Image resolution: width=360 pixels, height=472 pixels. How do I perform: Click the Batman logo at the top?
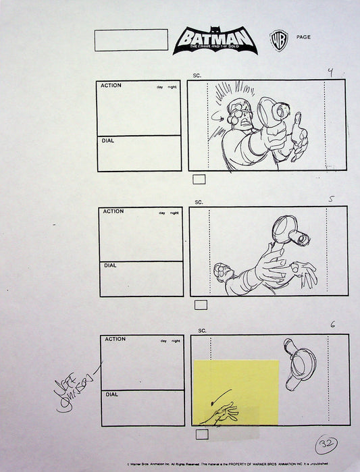(x=215, y=41)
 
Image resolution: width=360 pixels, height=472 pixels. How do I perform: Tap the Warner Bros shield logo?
(x=278, y=40)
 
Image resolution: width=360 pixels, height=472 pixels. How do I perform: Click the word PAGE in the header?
(x=303, y=37)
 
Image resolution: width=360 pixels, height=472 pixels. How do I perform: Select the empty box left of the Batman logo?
(x=131, y=40)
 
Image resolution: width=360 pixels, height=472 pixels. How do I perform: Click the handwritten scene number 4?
(x=330, y=72)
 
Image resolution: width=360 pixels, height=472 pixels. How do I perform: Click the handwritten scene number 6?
(x=332, y=325)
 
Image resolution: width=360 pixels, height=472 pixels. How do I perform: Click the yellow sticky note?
(x=236, y=392)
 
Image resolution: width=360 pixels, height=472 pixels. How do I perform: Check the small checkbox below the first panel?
(x=199, y=180)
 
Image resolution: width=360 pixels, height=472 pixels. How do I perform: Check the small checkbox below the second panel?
(x=201, y=305)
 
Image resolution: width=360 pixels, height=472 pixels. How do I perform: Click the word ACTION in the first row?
(x=112, y=86)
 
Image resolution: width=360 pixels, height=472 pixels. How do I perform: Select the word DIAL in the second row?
(x=109, y=265)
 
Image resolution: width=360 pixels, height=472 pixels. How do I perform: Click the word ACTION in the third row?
(x=115, y=339)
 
